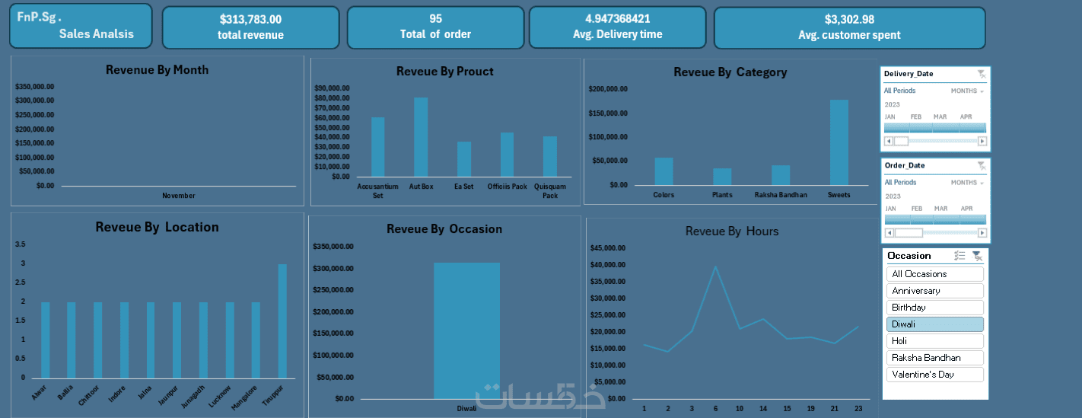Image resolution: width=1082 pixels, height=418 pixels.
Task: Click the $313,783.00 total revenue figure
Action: click(x=250, y=20)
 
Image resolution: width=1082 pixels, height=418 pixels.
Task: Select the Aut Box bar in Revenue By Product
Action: click(x=421, y=137)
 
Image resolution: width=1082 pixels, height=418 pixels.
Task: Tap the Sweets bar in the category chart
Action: click(x=839, y=142)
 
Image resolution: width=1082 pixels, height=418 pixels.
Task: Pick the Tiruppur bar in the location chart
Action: click(x=282, y=321)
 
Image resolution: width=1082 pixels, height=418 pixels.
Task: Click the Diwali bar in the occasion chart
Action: click(x=466, y=330)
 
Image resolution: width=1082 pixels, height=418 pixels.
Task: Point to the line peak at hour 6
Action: click(x=715, y=266)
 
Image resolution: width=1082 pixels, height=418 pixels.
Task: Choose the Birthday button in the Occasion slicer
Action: click(x=934, y=308)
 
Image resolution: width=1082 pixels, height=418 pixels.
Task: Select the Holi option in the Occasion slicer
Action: click(x=934, y=341)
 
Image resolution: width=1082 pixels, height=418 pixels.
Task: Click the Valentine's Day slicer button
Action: click(x=934, y=375)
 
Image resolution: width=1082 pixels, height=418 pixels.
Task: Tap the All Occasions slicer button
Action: click(x=934, y=274)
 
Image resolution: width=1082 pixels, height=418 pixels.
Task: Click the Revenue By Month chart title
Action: click(x=157, y=70)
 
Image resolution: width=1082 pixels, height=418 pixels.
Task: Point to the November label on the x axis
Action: click(x=179, y=196)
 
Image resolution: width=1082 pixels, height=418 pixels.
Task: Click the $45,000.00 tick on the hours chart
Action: click(x=607, y=248)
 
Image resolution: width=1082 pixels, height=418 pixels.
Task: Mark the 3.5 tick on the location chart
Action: click(x=20, y=244)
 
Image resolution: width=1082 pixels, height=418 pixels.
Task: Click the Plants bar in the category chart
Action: click(x=722, y=177)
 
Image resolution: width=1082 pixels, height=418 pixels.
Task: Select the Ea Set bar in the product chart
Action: click(x=464, y=159)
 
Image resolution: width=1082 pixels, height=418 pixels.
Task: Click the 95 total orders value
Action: click(x=435, y=19)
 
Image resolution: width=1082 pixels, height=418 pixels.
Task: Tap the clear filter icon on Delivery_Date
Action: click(x=981, y=74)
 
